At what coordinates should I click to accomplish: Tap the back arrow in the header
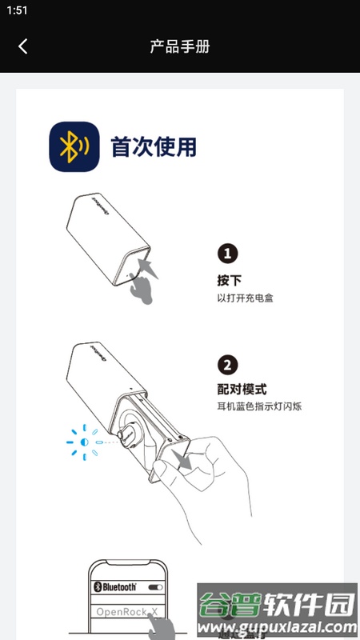(22, 46)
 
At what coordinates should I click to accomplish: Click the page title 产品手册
(180, 46)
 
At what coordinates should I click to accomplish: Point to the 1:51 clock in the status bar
(17, 10)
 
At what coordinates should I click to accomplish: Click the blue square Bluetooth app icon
(73, 147)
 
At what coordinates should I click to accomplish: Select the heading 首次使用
(154, 147)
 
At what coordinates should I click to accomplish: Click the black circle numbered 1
(229, 254)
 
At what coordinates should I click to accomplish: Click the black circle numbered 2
(229, 365)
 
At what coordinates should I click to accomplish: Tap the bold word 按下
(229, 281)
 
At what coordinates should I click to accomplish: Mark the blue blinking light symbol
(83, 442)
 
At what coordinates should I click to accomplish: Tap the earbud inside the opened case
(128, 434)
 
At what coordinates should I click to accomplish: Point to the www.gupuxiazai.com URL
(276, 626)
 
